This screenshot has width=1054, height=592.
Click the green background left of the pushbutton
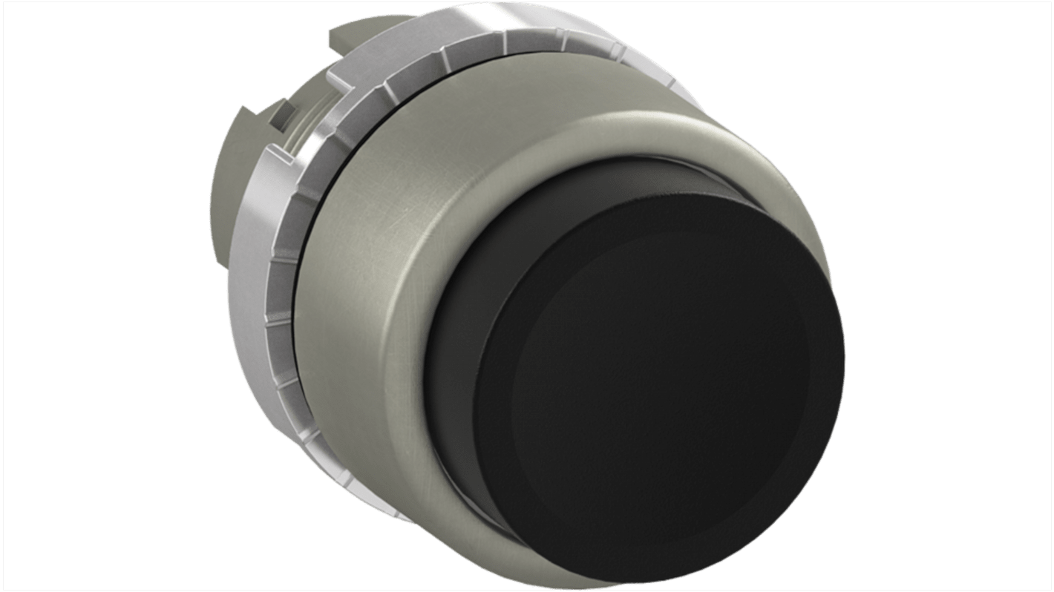[x=111, y=297]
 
